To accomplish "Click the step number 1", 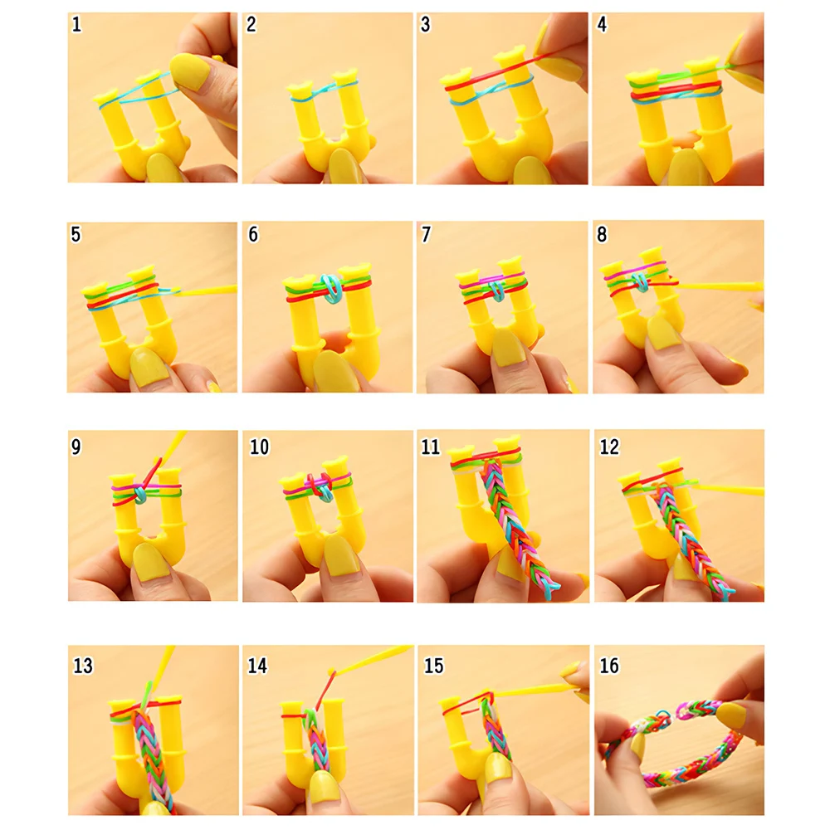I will click(x=77, y=25).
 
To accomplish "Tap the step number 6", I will click(x=253, y=235).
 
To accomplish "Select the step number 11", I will click(x=430, y=447).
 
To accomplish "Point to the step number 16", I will click(x=609, y=666).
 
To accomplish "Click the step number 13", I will click(x=83, y=666).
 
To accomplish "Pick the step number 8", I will click(x=602, y=235).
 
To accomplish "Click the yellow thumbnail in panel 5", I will click(x=149, y=366).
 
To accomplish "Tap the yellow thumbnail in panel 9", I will click(x=150, y=564).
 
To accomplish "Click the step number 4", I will click(x=602, y=25).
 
